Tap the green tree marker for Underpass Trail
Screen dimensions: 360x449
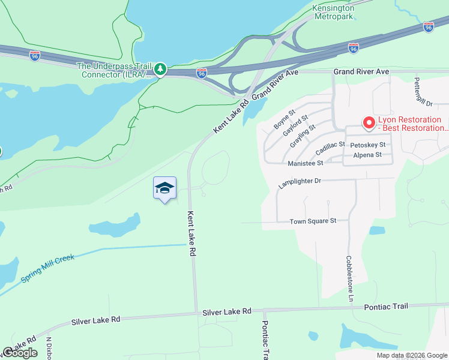[x=160, y=70]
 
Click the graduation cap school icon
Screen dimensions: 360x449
[x=164, y=188]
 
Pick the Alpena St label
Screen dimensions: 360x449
[x=367, y=155]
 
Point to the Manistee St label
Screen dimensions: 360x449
[x=306, y=163]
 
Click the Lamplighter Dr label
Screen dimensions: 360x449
[x=300, y=183]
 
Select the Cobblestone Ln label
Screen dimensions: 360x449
[x=349, y=279]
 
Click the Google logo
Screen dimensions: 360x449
[x=20, y=353]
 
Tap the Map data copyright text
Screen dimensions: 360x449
[x=412, y=355]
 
